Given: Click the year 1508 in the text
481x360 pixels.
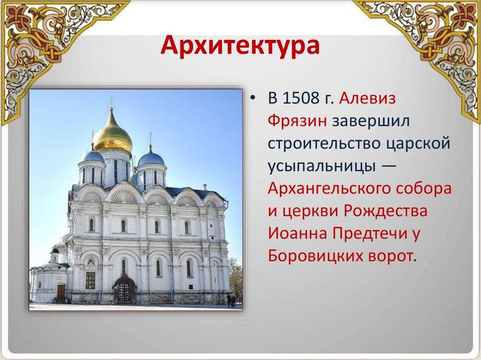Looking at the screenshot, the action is (x=301, y=98).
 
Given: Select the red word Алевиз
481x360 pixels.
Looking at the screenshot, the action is (x=367, y=98).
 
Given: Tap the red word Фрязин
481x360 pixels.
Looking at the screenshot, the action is (x=297, y=121).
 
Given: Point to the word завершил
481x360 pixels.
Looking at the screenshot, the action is (x=371, y=121).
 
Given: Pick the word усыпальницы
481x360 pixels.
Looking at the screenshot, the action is (x=322, y=167).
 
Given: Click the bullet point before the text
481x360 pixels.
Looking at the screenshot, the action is (x=252, y=99).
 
